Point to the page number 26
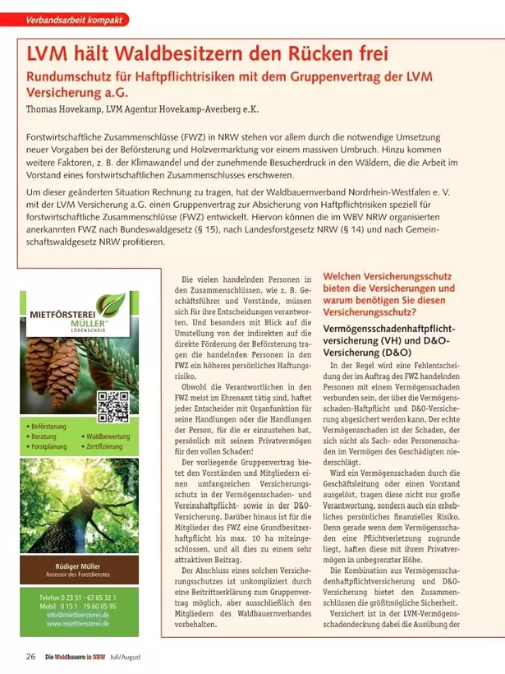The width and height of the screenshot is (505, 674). tap(30, 655)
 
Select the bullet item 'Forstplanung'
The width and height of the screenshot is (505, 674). tap(51, 445)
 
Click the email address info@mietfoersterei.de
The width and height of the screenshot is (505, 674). tap(87, 614)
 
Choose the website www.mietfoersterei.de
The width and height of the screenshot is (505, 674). tap(87, 624)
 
